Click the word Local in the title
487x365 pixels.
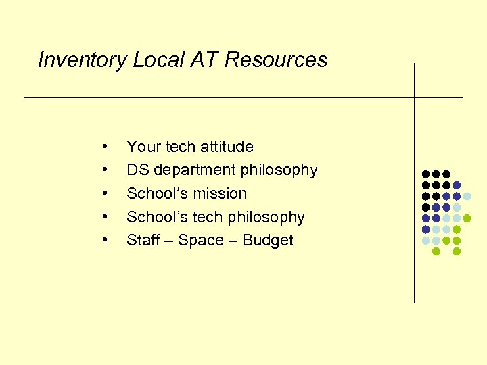pos(158,60)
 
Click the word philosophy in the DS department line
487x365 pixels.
pos(279,170)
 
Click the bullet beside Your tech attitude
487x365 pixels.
pos(105,147)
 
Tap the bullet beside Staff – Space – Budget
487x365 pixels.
pos(105,240)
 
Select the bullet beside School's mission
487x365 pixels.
pos(105,193)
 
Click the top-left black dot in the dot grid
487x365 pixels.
pos(425,174)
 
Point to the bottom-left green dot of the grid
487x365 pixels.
pos(436,251)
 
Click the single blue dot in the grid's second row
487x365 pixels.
pos(457,185)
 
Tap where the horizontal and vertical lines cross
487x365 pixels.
pos(414,98)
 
